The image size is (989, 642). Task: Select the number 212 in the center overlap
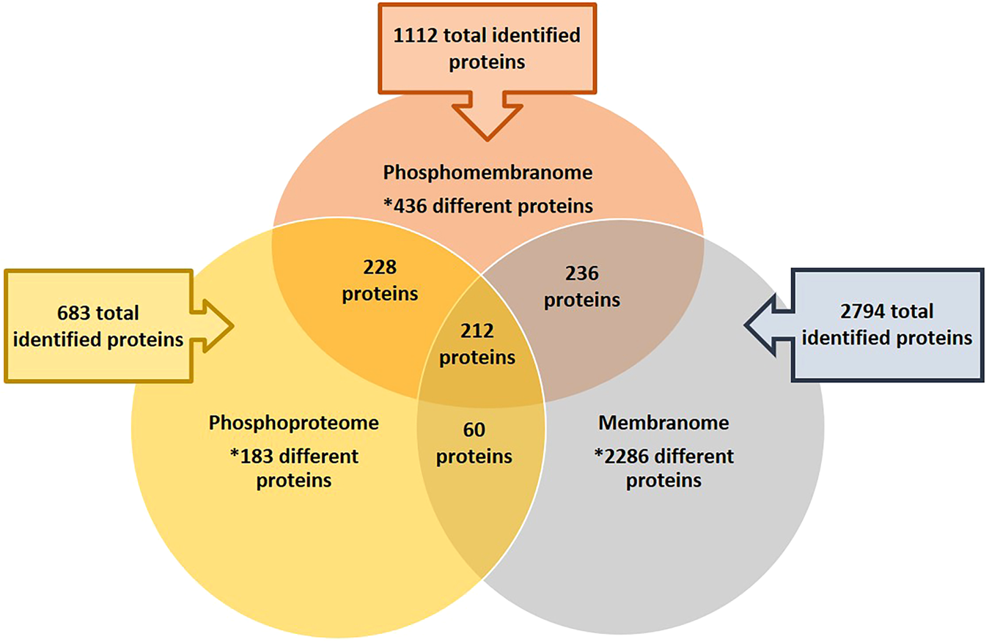tap(477, 331)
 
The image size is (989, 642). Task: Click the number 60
tap(474, 429)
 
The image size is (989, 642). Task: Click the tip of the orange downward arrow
tap(487, 138)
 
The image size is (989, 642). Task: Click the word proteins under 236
tap(582, 300)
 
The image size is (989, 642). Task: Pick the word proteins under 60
tap(474, 456)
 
